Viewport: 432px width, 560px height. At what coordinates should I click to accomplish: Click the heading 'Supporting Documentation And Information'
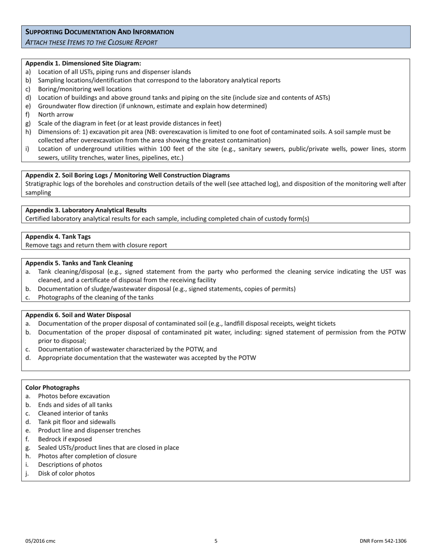click(99, 32)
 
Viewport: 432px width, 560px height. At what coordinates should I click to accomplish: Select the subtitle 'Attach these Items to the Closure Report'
click(91, 42)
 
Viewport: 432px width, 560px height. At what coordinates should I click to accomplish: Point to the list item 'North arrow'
click(55, 115)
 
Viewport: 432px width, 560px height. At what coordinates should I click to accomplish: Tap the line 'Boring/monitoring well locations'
click(85, 89)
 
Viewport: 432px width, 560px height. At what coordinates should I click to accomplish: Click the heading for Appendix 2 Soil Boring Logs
click(127, 175)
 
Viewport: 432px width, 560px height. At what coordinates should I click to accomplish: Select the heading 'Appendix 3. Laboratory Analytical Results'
click(86, 210)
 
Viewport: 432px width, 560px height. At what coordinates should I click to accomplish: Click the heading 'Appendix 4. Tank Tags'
click(58, 237)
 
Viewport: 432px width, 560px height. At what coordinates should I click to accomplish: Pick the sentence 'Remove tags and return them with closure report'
click(96, 245)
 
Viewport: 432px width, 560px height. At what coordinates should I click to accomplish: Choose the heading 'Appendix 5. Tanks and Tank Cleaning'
click(79, 263)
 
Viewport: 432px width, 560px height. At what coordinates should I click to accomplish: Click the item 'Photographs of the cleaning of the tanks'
click(95, 297)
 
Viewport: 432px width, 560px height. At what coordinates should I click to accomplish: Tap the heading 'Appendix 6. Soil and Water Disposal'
click(78, 315)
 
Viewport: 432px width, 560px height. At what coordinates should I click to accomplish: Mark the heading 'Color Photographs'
click(52, 387)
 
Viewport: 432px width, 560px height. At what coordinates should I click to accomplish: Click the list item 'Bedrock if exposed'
click(65, 439)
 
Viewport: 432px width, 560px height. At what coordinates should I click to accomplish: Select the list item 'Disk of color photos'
click(66, 473)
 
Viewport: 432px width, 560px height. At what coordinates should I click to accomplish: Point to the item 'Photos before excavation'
click(74, 396)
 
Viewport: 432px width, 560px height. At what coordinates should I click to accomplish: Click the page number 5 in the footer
click(216, 541)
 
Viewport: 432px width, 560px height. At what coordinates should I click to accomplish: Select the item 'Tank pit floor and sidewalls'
click(76, 422)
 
